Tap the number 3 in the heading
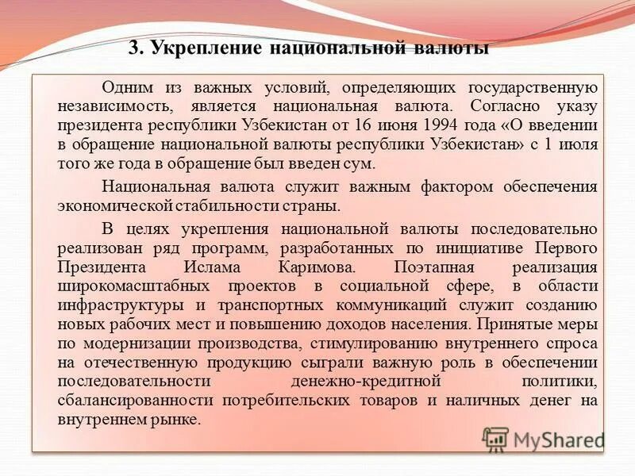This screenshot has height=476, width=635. (x=134, y=48)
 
